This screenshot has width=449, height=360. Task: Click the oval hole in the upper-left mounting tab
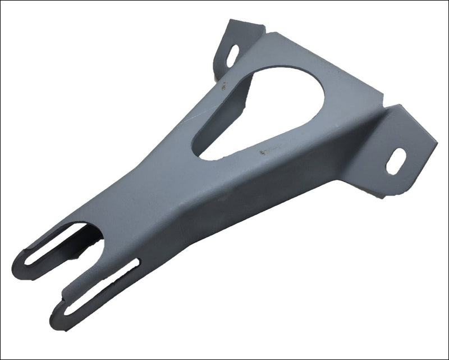coord(232,54)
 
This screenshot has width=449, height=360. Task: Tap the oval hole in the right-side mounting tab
coord(396,161)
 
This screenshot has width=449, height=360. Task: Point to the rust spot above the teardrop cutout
coord(223,86)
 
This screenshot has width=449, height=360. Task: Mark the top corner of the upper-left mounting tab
coord(231,22)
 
